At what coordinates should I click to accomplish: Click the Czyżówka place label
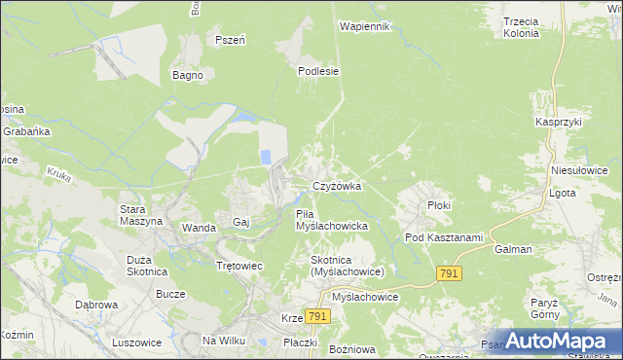pyautogui.click(x=337, y=186)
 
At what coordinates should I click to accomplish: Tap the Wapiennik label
pyautogui.click(x=365, y=26)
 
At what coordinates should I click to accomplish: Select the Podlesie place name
pyautogui.click(x=318, y=70)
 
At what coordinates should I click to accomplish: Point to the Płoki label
pyautogui.click(x=440, y=206)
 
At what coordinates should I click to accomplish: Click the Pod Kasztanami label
pyautogui.click(x=444, y=238)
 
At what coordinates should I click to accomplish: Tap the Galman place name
pyautogui.click(x=513, y=249)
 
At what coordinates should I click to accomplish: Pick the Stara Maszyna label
pyautogui.click(x=139, y=215)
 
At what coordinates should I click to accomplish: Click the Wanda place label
pyautogui.click(x=199, y=228)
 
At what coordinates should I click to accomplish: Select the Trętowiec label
pyautogui.click(x=239, y=266)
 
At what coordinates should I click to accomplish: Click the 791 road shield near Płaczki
pyautogui.click(x=317, y=317)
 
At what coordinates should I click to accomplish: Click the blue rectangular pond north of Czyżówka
pyautogui.click(x=265, y=157)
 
